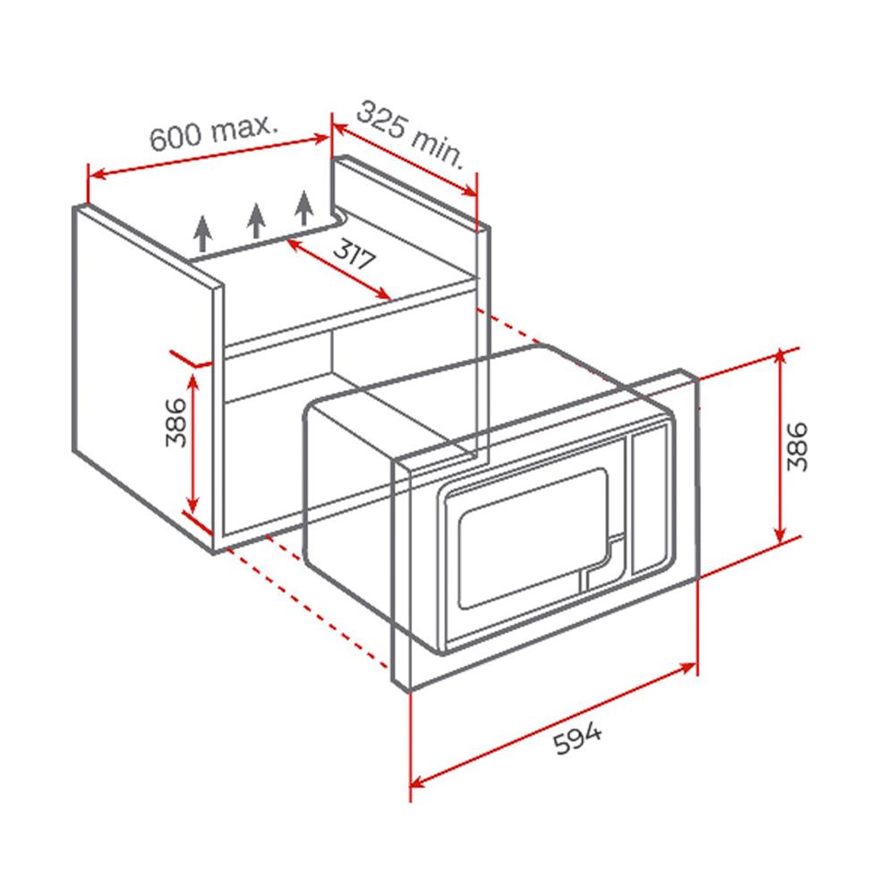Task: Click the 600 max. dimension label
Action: coord(214,132)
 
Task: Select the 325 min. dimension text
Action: coord(410,135)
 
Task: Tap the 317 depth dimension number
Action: coord(354,255)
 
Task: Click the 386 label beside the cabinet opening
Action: coord(175,422)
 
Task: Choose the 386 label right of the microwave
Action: coord(797,447)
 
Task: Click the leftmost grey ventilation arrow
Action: coord(203,233)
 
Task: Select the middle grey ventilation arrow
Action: coord(256,220)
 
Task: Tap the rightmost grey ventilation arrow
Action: coord(304,208)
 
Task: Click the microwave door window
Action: coord(533,538)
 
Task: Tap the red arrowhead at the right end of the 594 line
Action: coord(687,668)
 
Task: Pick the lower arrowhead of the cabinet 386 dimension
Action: coord(193,506)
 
